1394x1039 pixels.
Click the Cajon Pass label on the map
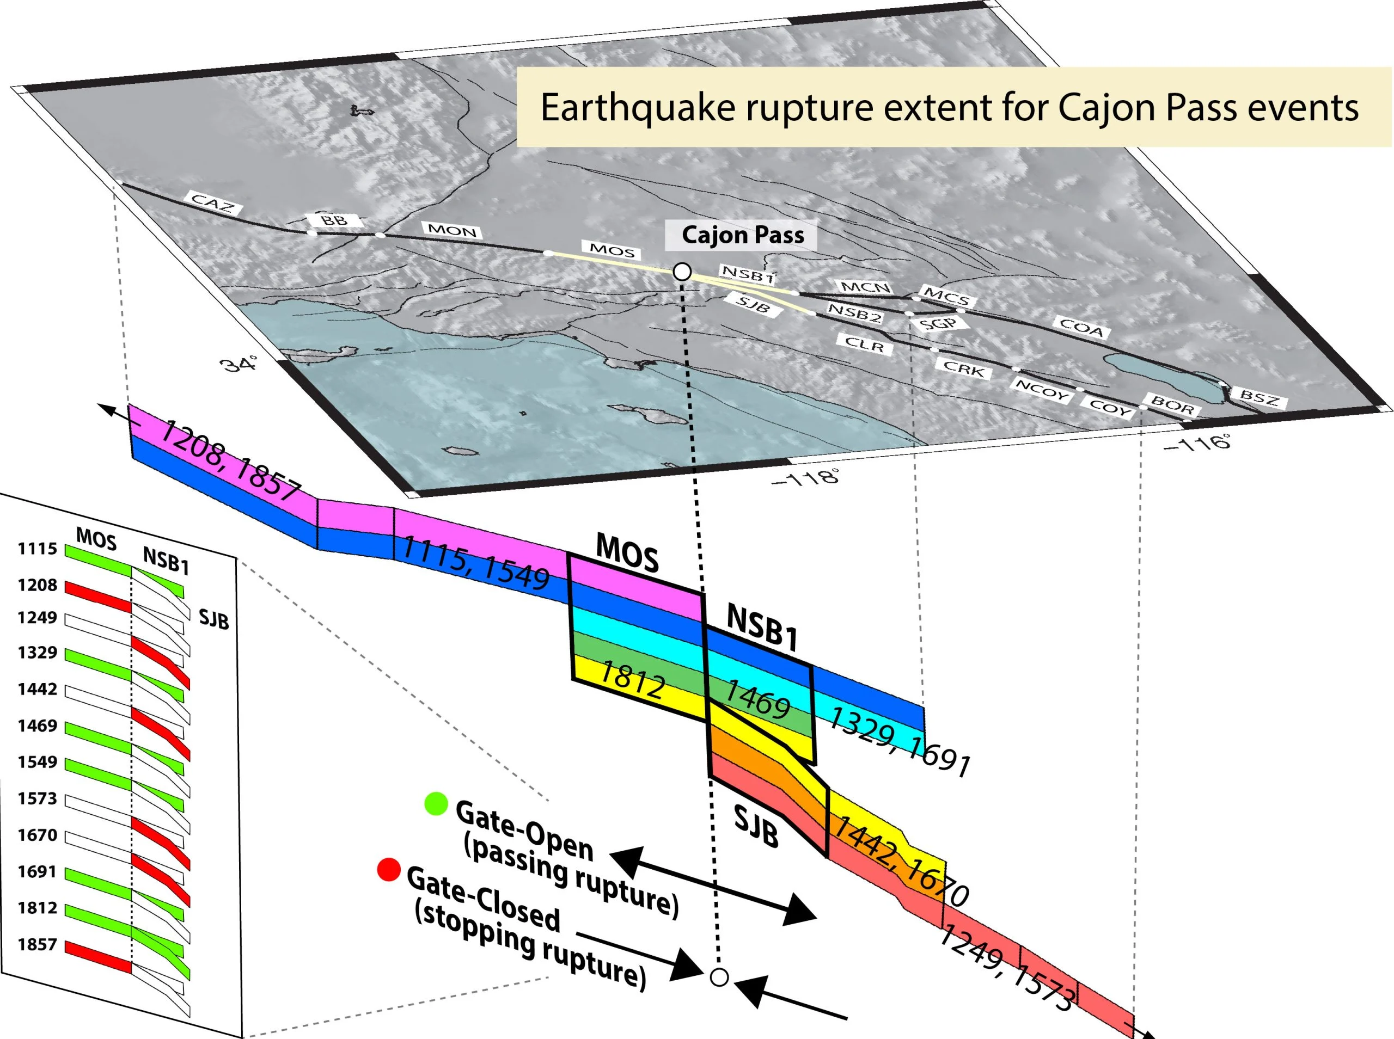742,235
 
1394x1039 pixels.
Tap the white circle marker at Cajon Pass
682,272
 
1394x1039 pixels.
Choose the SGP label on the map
937,324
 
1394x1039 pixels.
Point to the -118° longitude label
806,478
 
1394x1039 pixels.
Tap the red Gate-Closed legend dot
389,870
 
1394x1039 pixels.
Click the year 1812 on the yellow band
632,680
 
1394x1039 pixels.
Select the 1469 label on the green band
758,699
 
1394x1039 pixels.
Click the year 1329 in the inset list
37,652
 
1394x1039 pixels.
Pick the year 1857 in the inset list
37,944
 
